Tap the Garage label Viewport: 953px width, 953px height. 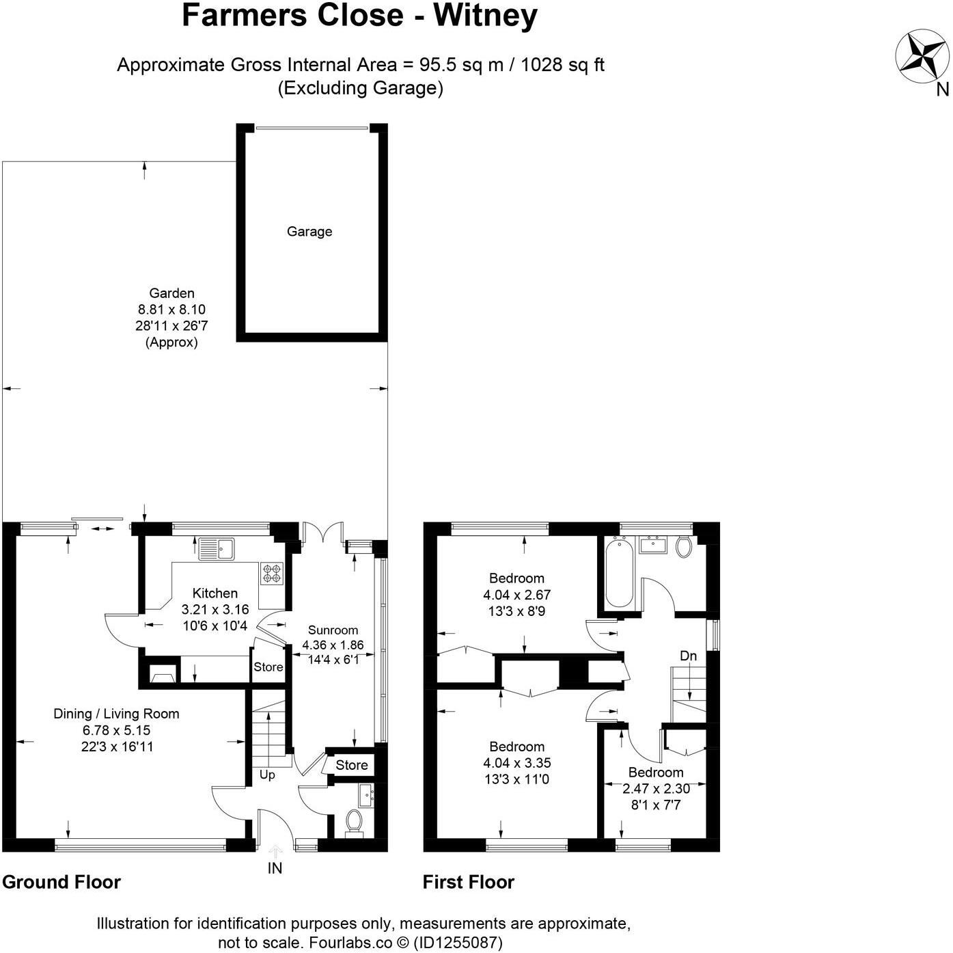pyautogui.click(x=309, y=232)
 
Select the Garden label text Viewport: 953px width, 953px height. pyautogui.click(x=171, y=293)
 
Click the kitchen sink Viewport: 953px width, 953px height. pyautogui.click(x=217, y=548)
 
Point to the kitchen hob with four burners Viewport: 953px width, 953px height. pyautogui.click(x=271, y=573)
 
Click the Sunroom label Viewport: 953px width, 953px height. pyautogui.click(x=333, y=630)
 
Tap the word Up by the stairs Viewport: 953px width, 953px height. pyautogui.click(x=267, y=775)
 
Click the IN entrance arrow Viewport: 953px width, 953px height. pyautogui.click(x=275, y=852)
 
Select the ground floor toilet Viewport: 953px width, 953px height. pyautogui.click(x=354, y=820)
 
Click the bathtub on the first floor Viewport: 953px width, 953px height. pyautogui.click(x=619, y=572)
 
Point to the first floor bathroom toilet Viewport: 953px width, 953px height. pyautogui.click(x=682, y=546)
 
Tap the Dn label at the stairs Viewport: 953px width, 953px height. pyautogui.click(x=688, y=656)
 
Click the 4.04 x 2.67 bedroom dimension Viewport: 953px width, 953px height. pyautogui.click(x=516, y=595)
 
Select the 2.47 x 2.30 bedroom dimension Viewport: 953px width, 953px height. pyautogui.click(x=656, y=788)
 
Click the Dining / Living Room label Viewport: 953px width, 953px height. pyautogui.click(x=116, y=714)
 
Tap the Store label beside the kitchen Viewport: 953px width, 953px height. pyautogui.click(x=268, y=667)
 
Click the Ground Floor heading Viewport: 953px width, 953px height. pyautogui.click(x=61, y=882)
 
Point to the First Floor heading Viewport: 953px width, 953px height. pyautogui.click(x=468, y=882)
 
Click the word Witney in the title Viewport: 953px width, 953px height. pyautogui.click(x=485, y=16)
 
